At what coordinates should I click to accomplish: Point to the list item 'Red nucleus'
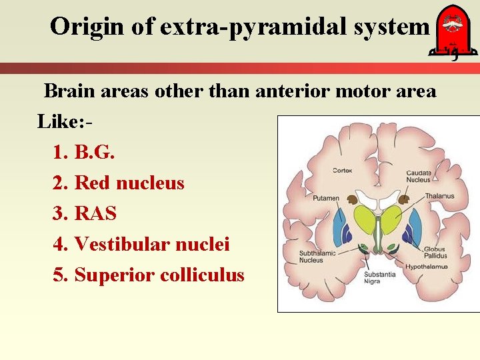pos(129,183)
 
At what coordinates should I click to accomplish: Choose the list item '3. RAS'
pos(85,213)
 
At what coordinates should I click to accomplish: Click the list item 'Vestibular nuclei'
pos(152,245)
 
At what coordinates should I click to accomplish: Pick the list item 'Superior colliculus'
pos(159,275)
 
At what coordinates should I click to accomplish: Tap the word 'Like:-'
pos(64,121)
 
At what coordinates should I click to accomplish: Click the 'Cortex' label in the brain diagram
pos(343,171)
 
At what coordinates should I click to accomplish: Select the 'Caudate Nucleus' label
pos(419,176)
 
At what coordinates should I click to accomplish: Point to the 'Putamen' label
pos(325,198)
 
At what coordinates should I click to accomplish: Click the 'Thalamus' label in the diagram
pos(440,196)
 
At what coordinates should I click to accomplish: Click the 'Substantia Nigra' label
pos(380,278)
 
